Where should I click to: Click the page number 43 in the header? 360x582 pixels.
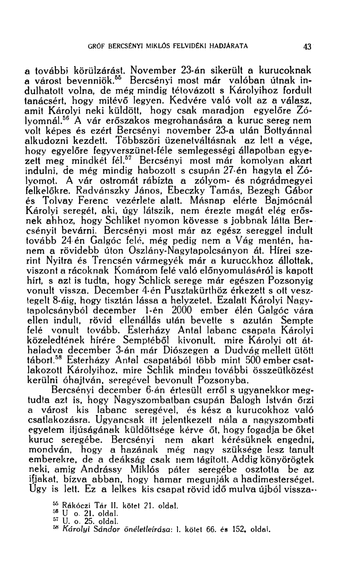(307, 46)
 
